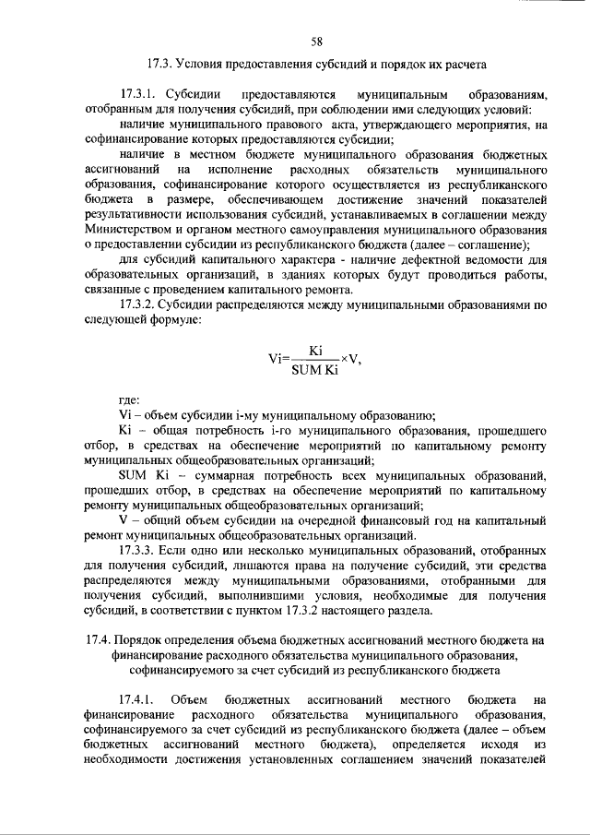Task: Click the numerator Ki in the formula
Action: pos(314,352)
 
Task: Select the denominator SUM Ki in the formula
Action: pos(314,370)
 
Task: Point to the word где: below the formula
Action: pos(130,399)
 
